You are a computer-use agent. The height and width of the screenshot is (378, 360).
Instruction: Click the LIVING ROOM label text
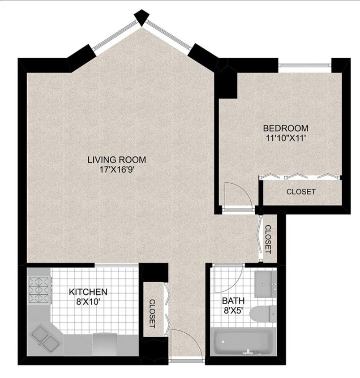click(116, 159)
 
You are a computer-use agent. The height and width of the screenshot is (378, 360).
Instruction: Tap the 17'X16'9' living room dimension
click(116, 170)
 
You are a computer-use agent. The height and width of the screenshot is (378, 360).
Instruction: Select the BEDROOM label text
click(285, 128)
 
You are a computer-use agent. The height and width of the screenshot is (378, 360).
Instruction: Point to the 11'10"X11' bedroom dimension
click(285, 138)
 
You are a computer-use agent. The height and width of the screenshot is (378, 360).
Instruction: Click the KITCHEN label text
click(88, 292)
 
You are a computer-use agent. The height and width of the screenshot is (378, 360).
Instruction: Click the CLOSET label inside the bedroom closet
click(301, 192)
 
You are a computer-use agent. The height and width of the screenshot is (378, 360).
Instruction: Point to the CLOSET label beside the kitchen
click(152, 313)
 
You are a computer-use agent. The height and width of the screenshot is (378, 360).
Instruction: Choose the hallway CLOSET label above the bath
click(268, 239)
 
